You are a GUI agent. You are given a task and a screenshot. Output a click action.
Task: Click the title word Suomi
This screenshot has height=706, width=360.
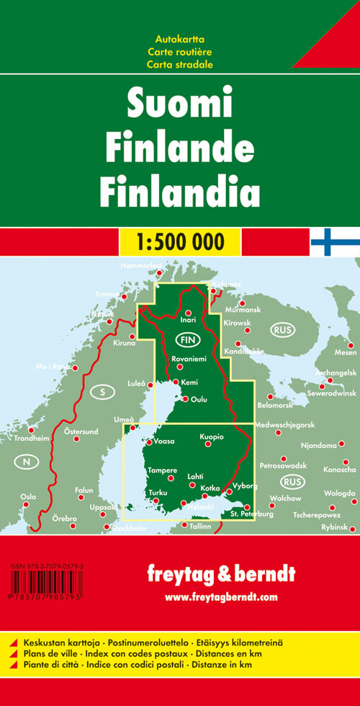(x=180, y=105)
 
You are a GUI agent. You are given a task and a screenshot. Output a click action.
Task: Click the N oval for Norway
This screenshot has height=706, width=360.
(x=26, y=462)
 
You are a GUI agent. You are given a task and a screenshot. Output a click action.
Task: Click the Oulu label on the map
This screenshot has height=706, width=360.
(x=199, y=399)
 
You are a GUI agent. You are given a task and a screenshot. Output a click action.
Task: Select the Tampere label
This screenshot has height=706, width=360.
(x=162, y=470)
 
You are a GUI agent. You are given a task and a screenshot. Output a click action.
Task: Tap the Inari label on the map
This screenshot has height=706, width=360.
(x=189, y=318)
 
